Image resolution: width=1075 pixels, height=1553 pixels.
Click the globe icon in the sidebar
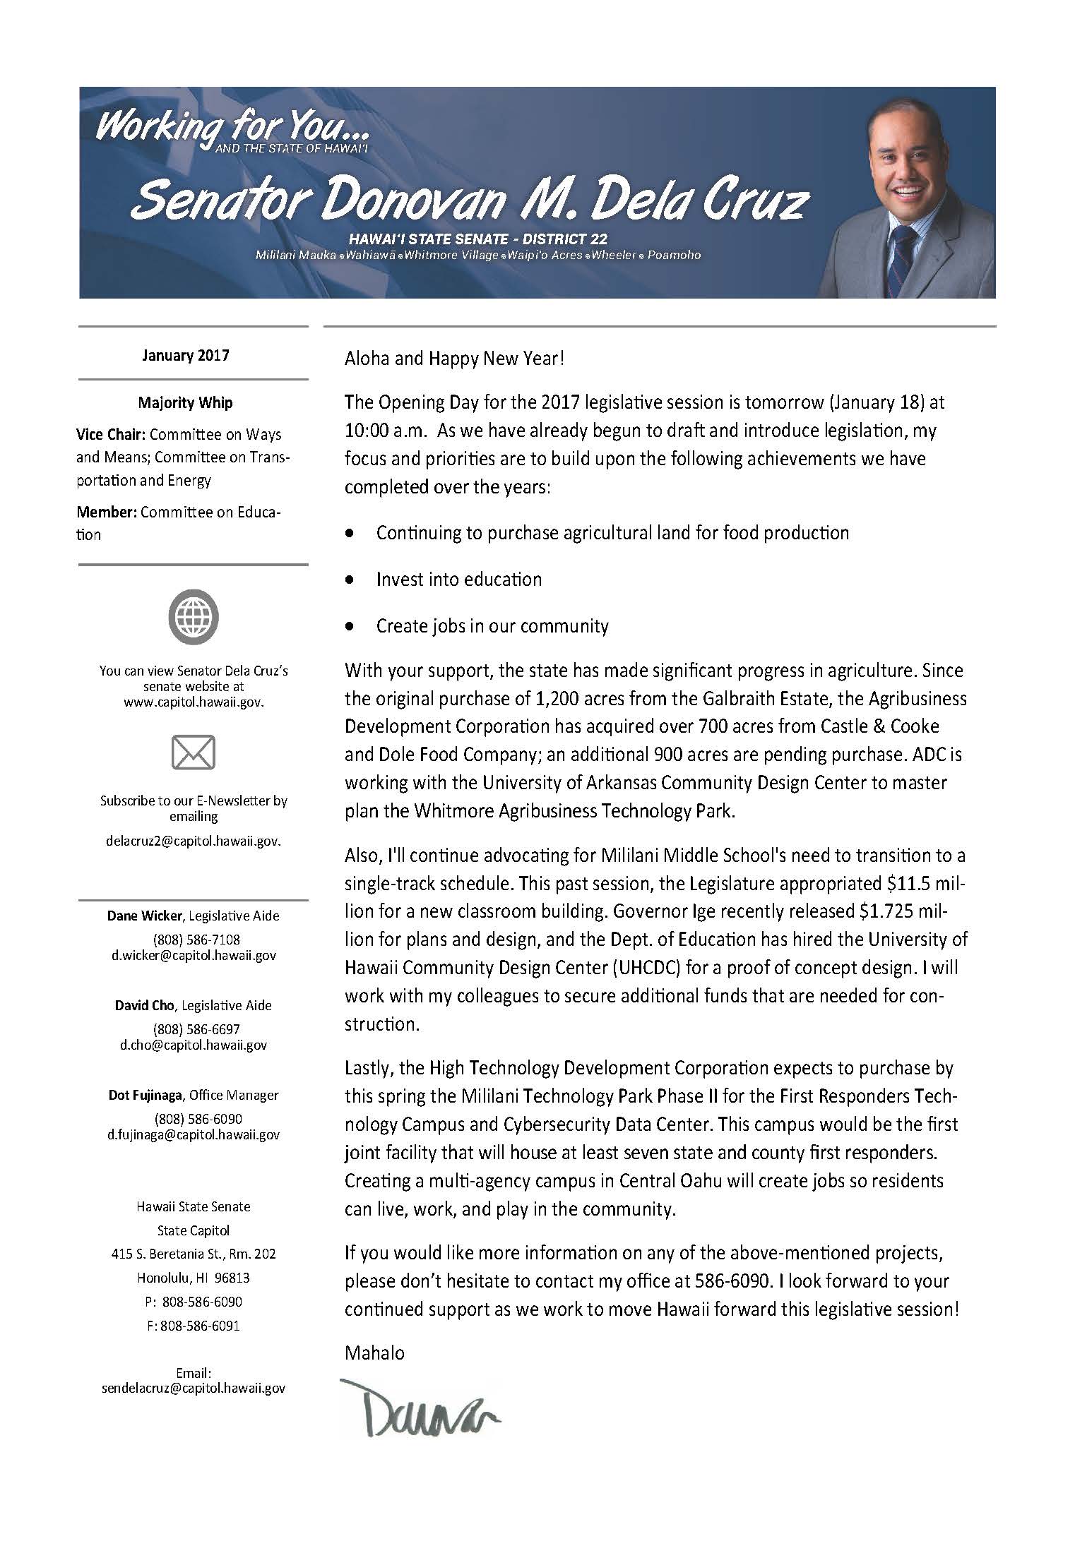click(193, 618)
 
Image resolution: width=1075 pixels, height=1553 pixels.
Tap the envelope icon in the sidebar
click(193, 752)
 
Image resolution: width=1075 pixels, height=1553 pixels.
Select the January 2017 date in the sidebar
click(185, 355)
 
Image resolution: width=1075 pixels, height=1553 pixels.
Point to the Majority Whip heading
click(185, 403)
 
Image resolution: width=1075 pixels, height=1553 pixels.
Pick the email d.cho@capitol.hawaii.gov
click(194, 1045)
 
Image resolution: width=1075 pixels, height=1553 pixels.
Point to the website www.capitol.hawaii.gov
click(193, 702)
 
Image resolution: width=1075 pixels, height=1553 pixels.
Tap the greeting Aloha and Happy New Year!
click(454, 359)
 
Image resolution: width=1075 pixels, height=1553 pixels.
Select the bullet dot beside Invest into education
click(349, 580)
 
